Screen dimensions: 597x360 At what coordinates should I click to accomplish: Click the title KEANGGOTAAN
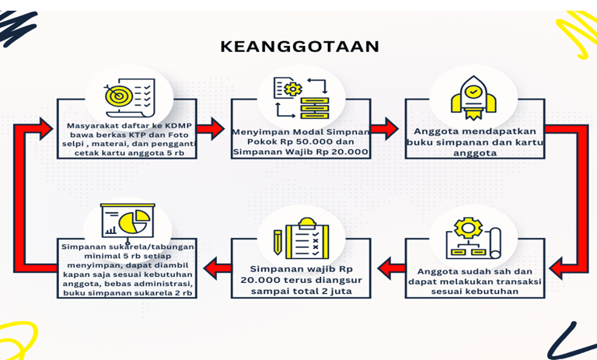click(x=300, y=47)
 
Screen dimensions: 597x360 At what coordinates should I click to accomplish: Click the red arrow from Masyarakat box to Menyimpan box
click(x=210, y=129)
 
